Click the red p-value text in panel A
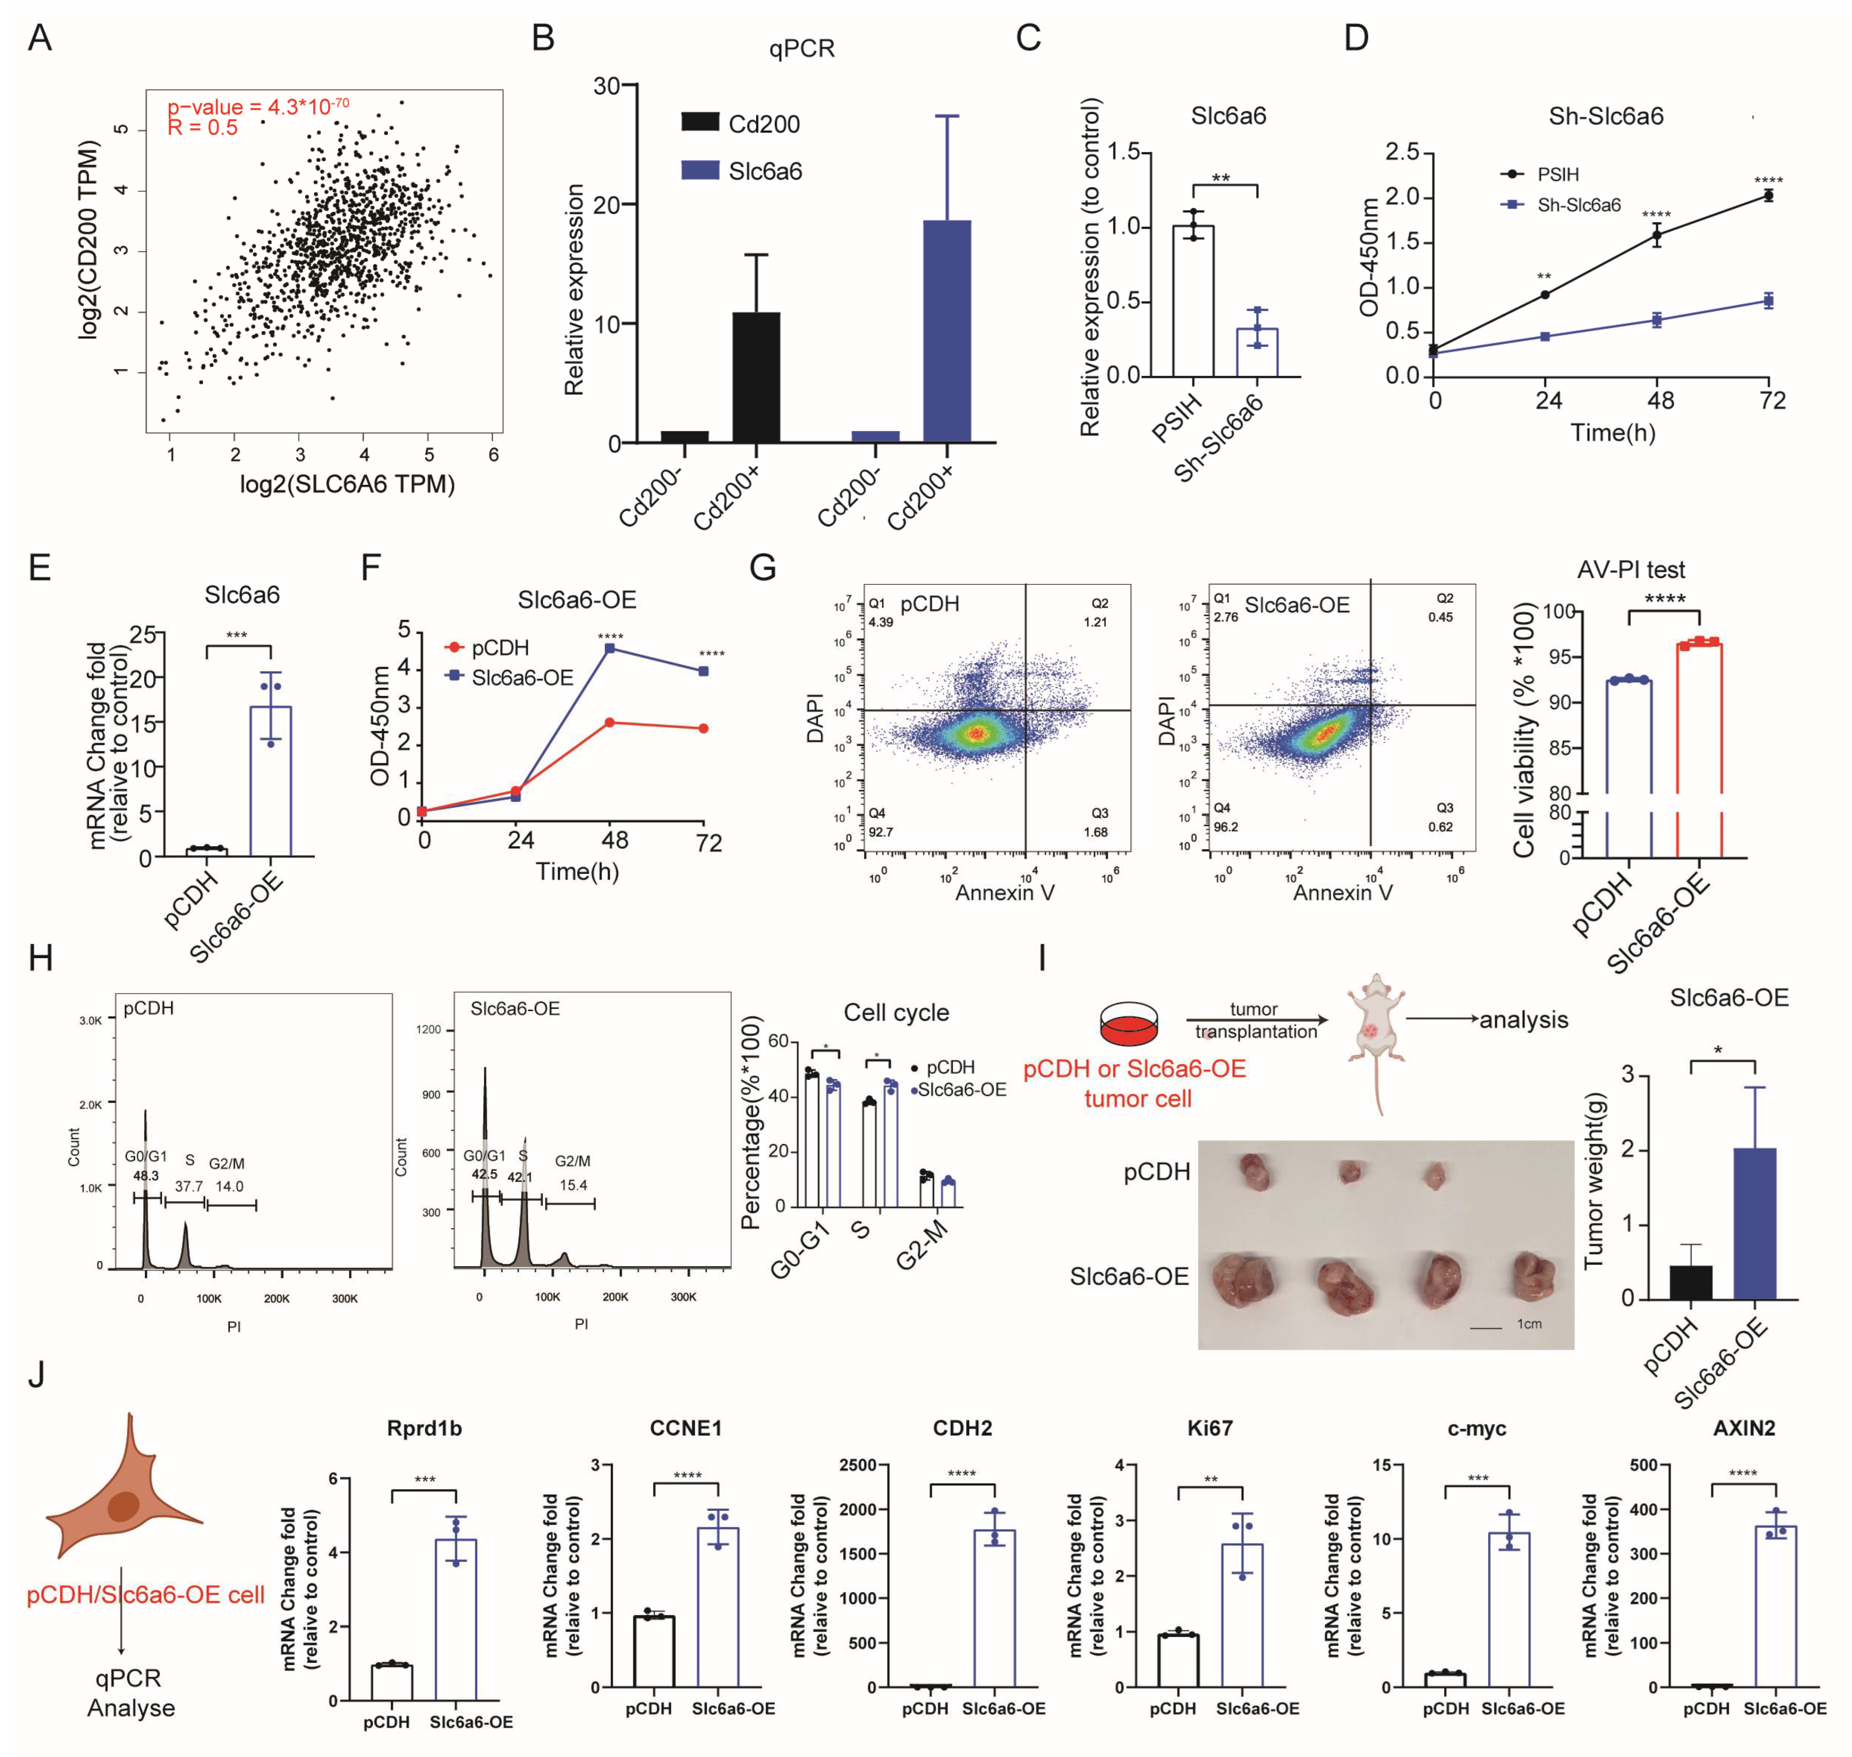(x=258, y=107)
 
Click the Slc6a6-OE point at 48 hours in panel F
(x=610, y=648)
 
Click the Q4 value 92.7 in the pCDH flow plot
(x=881, y=832)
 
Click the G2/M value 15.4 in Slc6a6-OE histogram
(x=573, y=1185)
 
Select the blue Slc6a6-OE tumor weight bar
(x=1755, y=1223)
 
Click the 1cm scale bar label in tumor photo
(x=1529, y=1323)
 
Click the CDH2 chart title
(x=962, y=1428)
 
